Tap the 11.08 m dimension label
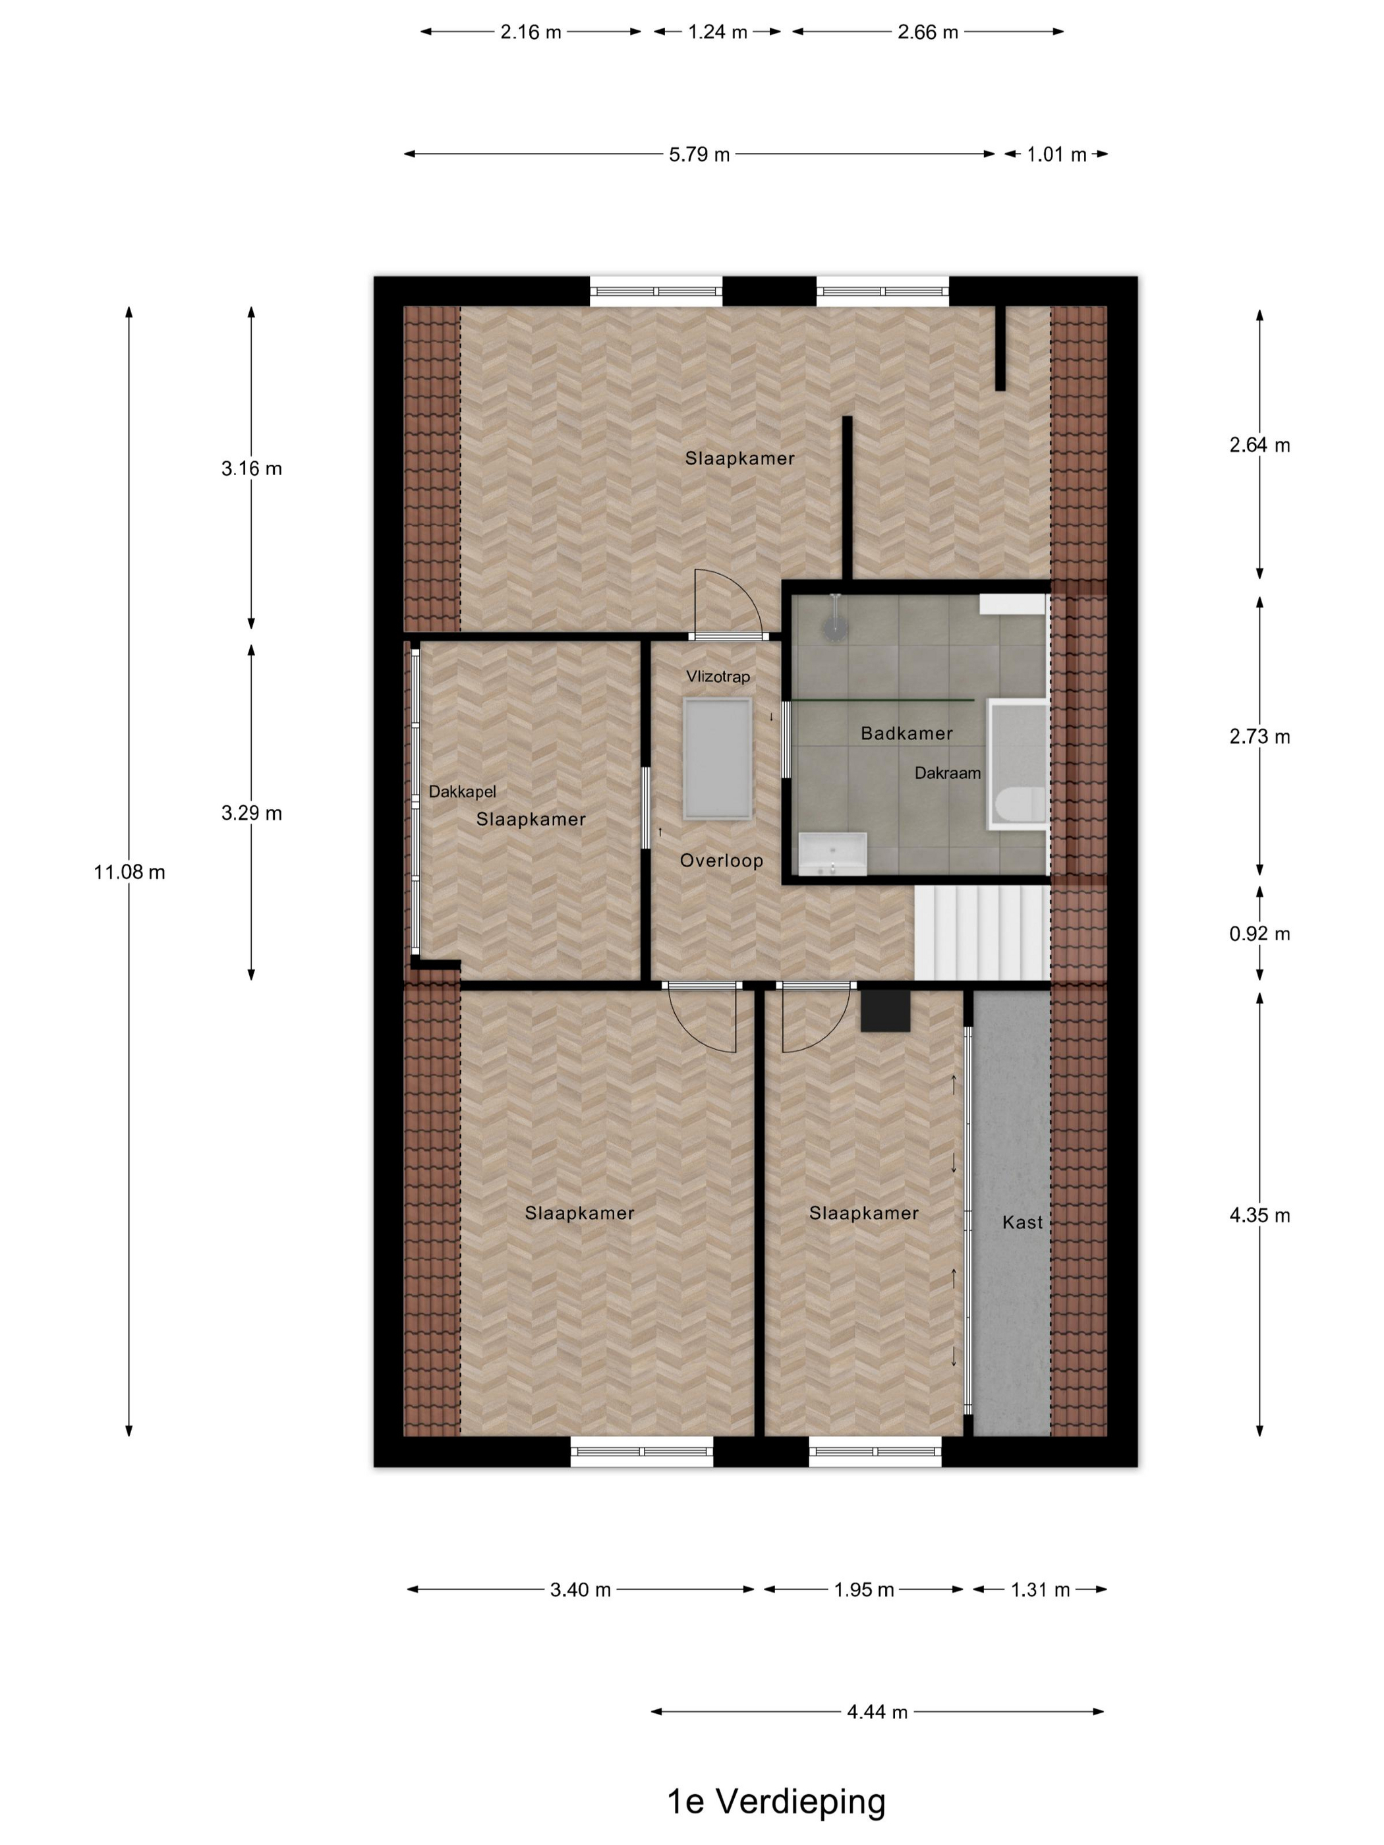(129, 872)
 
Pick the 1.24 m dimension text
(718, 32)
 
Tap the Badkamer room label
(906, 733)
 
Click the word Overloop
(722, 861)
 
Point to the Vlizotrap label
(718, 677)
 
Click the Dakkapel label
(462, 791)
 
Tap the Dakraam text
(947, 773)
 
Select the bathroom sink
(832, 854)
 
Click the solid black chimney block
(884, 1010)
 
